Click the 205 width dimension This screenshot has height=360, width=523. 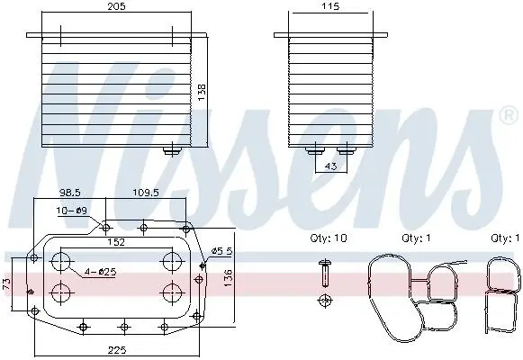pos(116,6)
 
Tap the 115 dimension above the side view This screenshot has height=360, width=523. pos(330,6)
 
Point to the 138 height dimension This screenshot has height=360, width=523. pos(202,93)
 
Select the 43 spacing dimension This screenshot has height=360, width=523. pos(330,166)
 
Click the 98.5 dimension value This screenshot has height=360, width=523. pos(69,193)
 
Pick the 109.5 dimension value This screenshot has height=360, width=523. pos(146,193)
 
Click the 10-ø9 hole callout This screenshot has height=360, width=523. pos(72,211)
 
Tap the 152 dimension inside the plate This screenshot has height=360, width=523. pos(116,242)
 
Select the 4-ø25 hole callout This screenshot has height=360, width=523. pos(100,272)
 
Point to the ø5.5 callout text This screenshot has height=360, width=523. pos(222,251)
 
